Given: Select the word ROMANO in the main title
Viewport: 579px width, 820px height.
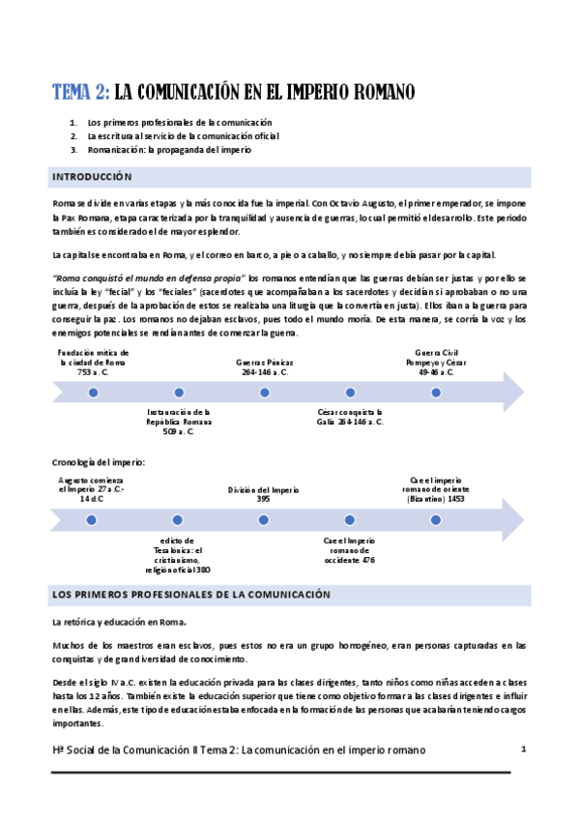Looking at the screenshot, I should click(376, 93).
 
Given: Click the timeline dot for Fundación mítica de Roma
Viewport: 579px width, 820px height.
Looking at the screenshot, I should click(94, 393).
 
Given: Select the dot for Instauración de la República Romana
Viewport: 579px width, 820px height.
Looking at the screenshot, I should click(179, 393).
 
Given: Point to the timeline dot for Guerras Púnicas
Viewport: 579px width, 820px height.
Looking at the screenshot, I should click(264, 393).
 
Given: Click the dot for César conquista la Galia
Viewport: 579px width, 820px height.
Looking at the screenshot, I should click(350, 393).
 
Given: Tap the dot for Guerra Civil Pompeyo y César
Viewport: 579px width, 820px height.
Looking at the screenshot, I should click(436, 393).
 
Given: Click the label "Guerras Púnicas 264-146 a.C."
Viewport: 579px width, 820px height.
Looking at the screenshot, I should click(263, 366).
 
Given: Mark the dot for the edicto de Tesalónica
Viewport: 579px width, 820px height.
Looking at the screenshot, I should click(179, 520).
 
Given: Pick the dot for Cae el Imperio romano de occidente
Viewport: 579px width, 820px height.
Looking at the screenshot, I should click(350, 520).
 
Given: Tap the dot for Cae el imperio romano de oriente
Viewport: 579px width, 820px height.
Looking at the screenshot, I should click(436, 520).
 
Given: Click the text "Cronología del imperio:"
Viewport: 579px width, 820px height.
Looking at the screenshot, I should click(98, 462).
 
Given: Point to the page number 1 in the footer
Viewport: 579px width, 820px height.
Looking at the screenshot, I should click(523, 748).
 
